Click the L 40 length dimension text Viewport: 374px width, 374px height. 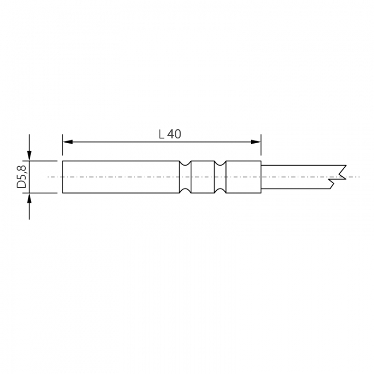pyautogui.click(x=170, y=135)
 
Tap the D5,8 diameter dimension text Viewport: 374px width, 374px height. pyautogui.click(x=22, y=176)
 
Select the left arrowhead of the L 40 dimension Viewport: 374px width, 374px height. pyautogui.click(x=67, y=142)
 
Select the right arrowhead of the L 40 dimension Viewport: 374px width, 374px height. pyautogui.click(x=257, y=142)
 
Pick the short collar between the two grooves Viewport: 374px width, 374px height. pyautogui.click(x=202, y=177)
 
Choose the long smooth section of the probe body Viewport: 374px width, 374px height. pyautogui.click(x=121, y=177)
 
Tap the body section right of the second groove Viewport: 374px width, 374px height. pyautogui.click(x=244, y=177)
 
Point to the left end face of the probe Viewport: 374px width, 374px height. pyautogui.click(x=63, y=177)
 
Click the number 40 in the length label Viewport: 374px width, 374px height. pyautogui.click(x=175, y=135)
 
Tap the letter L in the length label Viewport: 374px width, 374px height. pyautogui.click(x=161, y=135)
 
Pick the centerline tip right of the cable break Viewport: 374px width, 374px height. pyautogui.click(x=357, y=177)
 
